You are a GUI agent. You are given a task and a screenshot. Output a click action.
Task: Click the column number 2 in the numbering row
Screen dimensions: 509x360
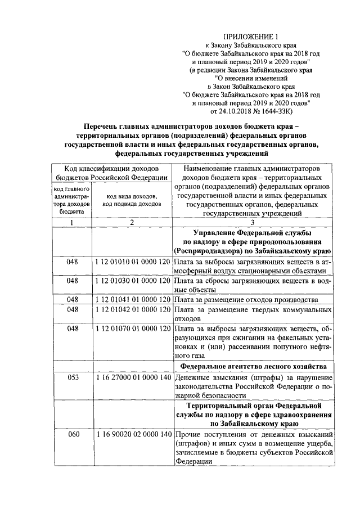(131, 223)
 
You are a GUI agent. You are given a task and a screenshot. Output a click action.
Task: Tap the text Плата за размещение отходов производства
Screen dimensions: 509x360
(247, 299)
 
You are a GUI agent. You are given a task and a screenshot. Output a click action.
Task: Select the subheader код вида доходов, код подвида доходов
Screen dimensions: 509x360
(131, 200)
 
